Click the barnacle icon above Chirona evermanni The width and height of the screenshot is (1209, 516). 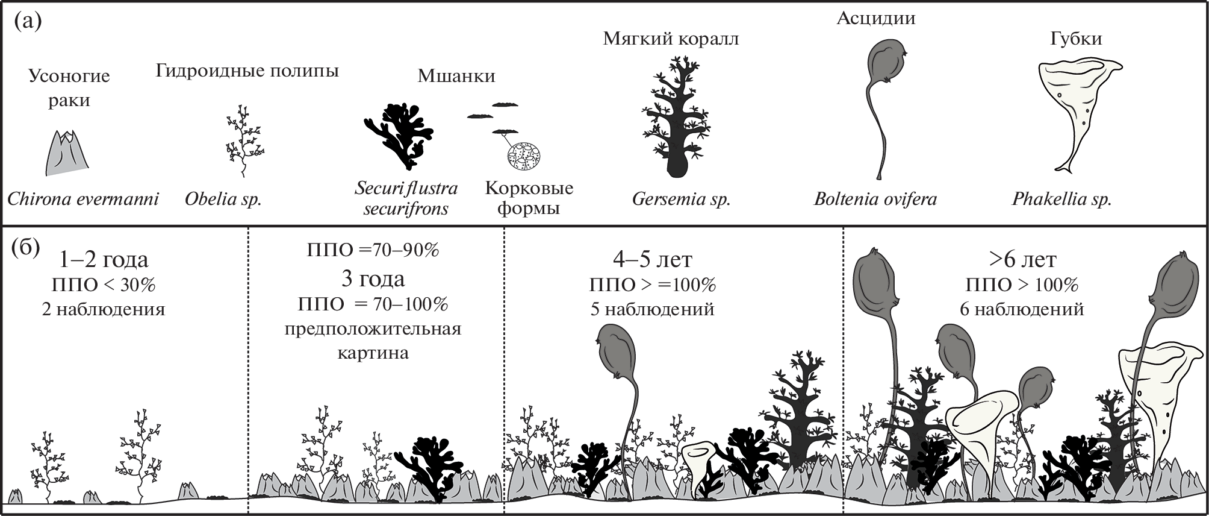click(67, 153)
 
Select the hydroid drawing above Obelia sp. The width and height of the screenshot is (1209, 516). click(243, 141)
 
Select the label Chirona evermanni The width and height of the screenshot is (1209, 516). click(83, 200)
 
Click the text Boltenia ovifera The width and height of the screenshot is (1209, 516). click(875, 200)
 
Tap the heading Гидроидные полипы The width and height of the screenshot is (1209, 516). click(247, 71)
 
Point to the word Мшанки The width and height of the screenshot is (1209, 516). click(456, 76)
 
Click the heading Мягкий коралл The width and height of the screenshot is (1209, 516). click(671, 39)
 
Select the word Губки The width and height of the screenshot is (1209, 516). click(1076, 39)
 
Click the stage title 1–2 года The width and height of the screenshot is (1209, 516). click(104, 259)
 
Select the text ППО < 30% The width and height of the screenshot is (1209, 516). click(104, 285)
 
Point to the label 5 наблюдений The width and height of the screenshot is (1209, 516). click(653, 309)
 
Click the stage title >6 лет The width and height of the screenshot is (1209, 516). click(1022, 259)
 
